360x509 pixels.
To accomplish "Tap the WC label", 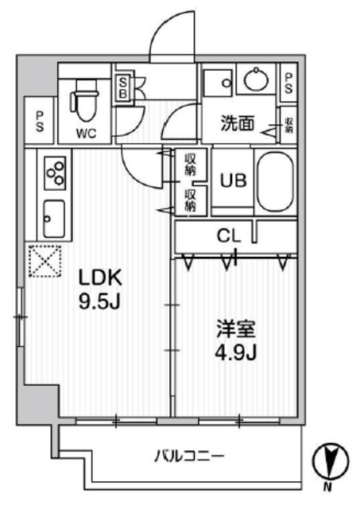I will click(86, 133).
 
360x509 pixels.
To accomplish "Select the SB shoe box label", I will click(125, 87).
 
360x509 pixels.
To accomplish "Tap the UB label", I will click(232, 179).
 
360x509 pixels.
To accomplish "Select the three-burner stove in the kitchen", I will click(54, 173).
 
